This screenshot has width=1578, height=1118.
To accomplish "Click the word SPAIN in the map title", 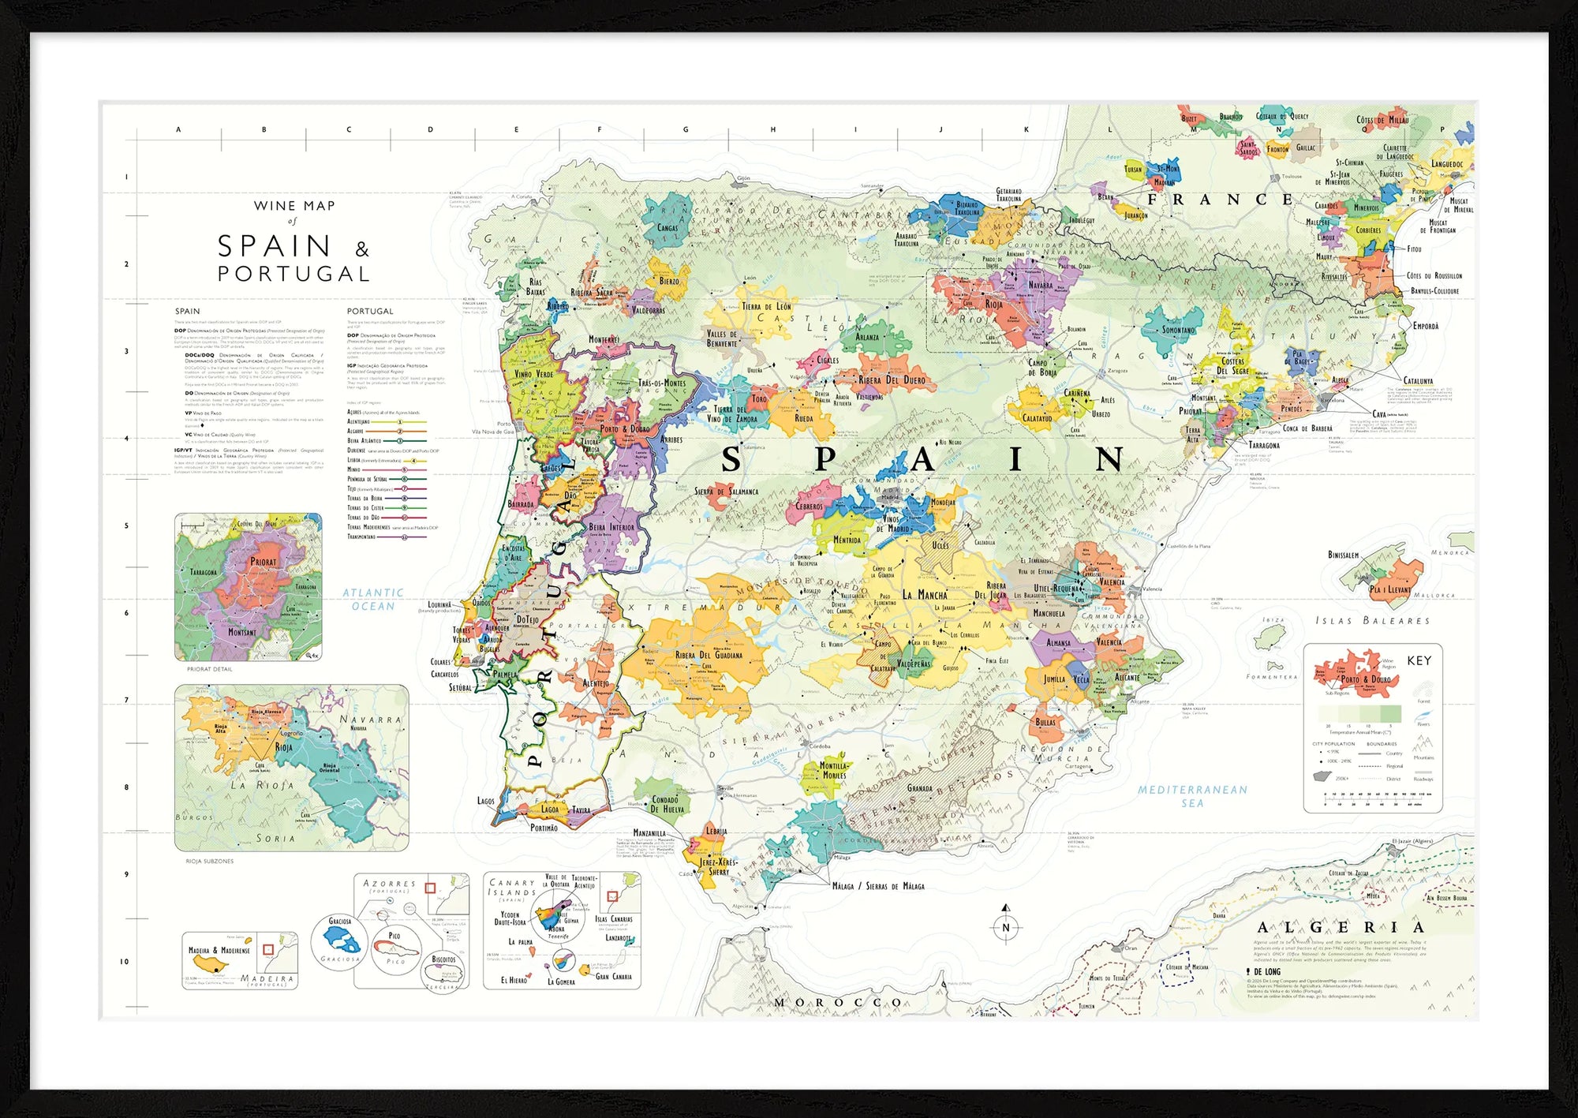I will pyautogui.click(x=274, y=246).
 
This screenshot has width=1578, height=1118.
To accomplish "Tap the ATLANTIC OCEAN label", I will pyautogui.click(x=373, y=600).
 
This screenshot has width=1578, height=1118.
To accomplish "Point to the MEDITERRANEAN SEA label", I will pyautogui.click(x=1192, y=796).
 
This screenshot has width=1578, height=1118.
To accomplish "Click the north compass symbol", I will pyautogui.click(x=1005, y=926).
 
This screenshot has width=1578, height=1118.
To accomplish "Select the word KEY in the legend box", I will pyautogui.click(x=1419, y=660).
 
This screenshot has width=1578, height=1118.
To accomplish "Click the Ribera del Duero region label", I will pyautogui.click(x=892, y=380).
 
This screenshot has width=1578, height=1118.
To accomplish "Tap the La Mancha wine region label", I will pyautogui.click(x=925, y=595).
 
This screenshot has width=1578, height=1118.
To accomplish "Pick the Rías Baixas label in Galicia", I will pyautogui.click(x=535, y=286).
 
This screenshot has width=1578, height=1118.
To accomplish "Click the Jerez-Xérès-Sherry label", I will pyautogui.click(x=717, y=866).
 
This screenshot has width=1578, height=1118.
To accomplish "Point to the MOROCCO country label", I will pyautogui.click(x=838, y=1003).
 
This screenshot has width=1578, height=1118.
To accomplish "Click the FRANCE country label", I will pyautogui.click(x=1219, y=200).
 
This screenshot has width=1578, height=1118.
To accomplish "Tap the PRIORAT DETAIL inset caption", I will pyautogui.click(x=209, y=669).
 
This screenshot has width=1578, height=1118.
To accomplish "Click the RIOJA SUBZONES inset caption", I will pyautogui.click(x=209, y=861).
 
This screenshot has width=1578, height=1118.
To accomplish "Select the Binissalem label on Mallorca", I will pyautogui.click(x=1343, y=555).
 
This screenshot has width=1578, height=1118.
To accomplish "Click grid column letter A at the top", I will pyautogui.click(x=178, y=129).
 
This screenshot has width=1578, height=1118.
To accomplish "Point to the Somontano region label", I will pyautogui.click(x=1178, y=330).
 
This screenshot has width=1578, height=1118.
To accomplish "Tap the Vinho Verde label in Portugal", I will pyautogui.click(x=533, y=374).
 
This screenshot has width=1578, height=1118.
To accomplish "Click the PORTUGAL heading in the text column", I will pyautogui.click(x=369, y=311).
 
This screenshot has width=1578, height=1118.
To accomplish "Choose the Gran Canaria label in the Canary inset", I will pyautogui.click(x=613, y=976).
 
